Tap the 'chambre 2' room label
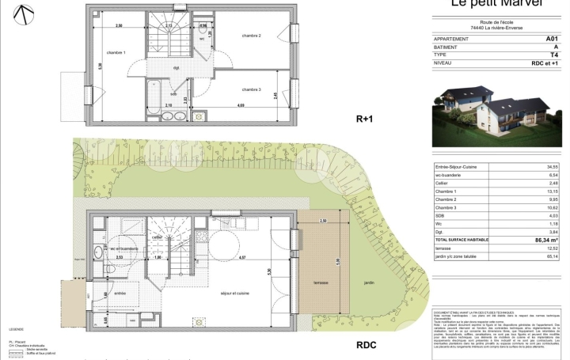[x=252, y=36]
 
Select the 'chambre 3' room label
[x=252, y=89]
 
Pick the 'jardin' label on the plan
[x=370, y=282]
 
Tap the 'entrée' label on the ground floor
[x=121, y=293]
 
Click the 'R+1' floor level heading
[x=364, y=119]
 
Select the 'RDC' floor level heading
[x=367, y=345]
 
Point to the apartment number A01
[x=552, y=38]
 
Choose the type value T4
[x=554, y=54]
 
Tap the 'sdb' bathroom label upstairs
[x=173, y=93]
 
